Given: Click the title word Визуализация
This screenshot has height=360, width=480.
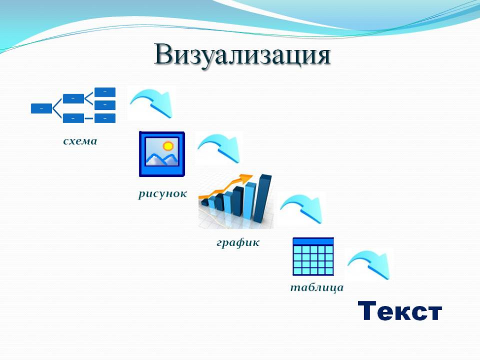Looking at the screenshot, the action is [x=242, y=55].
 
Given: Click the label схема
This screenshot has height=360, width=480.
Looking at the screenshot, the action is [x=80, y=141].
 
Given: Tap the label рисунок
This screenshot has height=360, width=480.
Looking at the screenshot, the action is [x=163, y=194].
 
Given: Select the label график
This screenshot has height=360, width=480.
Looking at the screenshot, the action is [x=238, y=243].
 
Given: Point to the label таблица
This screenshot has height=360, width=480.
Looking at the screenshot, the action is [x=317, y=288].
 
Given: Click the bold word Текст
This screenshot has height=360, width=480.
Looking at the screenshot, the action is [x=400, y=311].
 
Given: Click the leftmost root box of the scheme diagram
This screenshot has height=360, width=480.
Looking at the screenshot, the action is [x=41, y=108].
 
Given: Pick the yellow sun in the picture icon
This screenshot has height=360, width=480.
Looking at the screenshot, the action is [x=168, y=146].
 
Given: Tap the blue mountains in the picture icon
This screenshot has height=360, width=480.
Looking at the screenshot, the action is [x=162, y=159].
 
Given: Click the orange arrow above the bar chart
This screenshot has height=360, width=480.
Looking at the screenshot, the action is [x=227, y=186].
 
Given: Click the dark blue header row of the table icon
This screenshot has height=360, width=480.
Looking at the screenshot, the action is [x=313, y=241].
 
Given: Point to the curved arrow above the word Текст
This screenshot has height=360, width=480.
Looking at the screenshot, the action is [x=370, y=264].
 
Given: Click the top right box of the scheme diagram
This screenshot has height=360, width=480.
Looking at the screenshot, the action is [x=105, y=92].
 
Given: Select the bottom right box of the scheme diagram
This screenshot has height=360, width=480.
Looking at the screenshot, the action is [x=105, y=118].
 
